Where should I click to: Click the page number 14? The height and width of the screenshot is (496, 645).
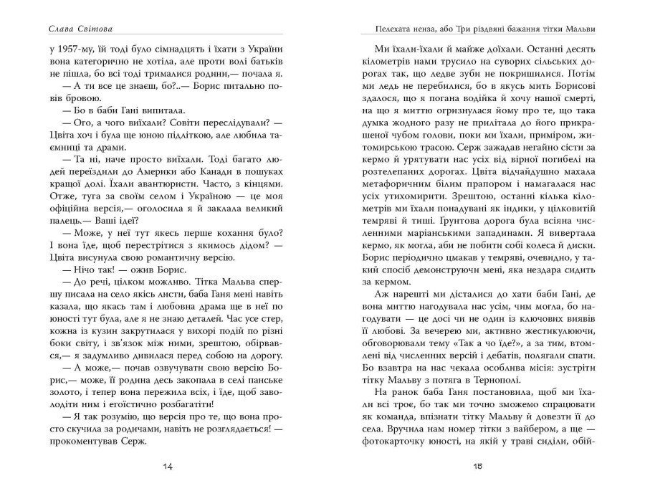(x=168, y=468)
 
